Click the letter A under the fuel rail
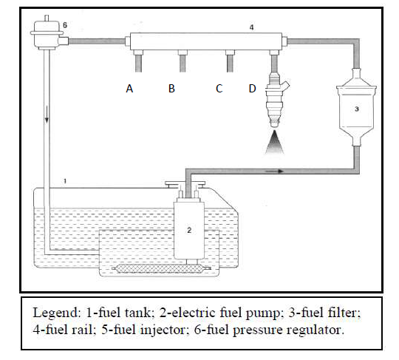tap(129, 89)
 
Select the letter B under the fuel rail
tap(171, 89)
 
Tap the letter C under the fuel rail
tap(219, 89)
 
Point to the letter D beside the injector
tap(252, 89)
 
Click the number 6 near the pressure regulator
tap(64, 25)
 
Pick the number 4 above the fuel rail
tap(251, 28)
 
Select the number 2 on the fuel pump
tap(188, 230)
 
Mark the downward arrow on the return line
tap(47, 121)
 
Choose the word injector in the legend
tap(164, 326)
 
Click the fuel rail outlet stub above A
tap(137, 59)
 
